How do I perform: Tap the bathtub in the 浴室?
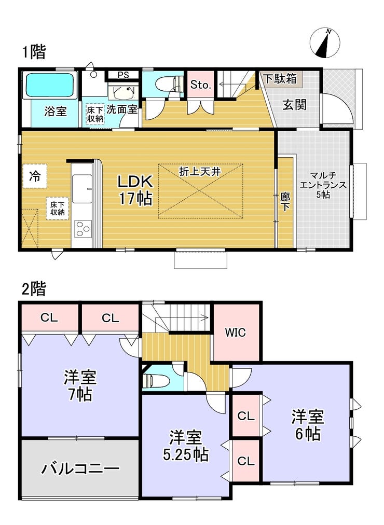point(50,86)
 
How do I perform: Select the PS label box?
point(123,75)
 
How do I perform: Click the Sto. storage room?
point(200,85)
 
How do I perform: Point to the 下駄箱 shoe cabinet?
point(280,79)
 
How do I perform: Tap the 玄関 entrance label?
point(294,105)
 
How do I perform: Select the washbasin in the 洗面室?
point(122,92)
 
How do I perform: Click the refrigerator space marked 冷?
point(34,176)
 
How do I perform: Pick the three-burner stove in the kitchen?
point(83,229)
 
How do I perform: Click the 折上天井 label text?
point(200,172)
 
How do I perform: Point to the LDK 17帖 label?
point(135,190)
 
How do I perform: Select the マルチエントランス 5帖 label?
point(323,185)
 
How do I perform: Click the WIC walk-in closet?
point(236,333)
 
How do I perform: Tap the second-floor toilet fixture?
point(156,380)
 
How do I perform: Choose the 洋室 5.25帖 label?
point(186,446)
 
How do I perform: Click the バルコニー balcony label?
point(80,468)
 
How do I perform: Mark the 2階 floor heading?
point(34,288)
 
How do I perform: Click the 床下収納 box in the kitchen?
point(58,208)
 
